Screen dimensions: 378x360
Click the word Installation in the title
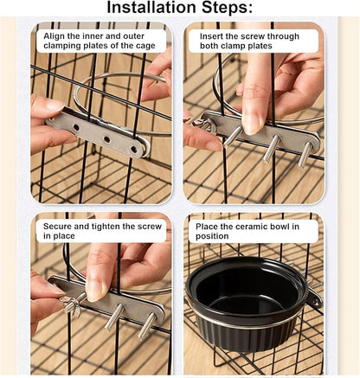pos(154,10)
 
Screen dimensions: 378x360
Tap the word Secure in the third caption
pos(61,225)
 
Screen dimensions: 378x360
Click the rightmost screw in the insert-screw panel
pos(305,154)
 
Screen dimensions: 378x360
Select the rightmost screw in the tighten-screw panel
pos(147,326)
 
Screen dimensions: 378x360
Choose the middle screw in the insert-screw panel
pos(271,146)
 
